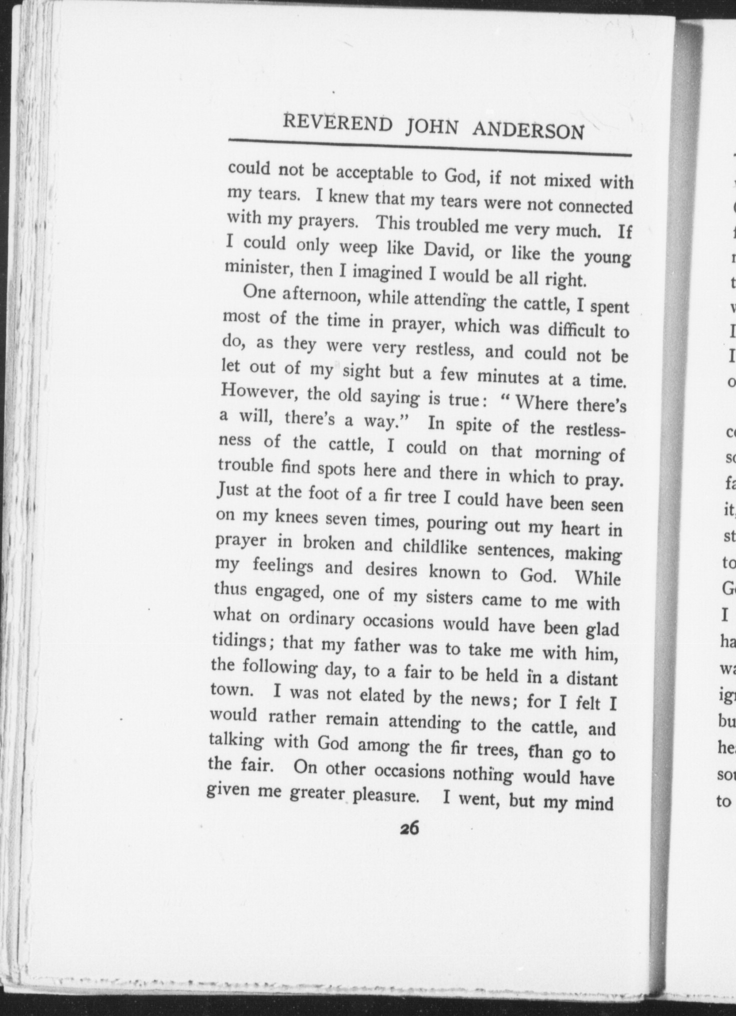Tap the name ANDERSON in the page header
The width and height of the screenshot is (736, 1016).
[528, 131]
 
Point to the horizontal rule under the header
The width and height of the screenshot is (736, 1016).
[430, 148]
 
